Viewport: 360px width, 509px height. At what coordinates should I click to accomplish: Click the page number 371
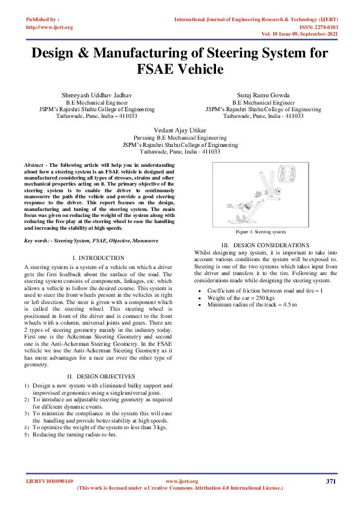pos(330,481)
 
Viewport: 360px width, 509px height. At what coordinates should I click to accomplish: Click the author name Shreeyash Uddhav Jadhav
pos(97,96)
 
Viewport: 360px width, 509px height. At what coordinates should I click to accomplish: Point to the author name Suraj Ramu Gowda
pos(263,96)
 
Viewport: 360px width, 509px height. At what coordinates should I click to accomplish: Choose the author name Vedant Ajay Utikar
pos(180,131)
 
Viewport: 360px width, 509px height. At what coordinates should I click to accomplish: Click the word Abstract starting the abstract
pos(34,165)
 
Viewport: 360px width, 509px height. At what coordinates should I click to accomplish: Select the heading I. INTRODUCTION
pos(98,258)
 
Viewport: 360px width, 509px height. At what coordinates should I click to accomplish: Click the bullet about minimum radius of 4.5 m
pos(252,304)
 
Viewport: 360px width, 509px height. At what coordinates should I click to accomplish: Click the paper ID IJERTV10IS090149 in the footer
pos(50,481)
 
